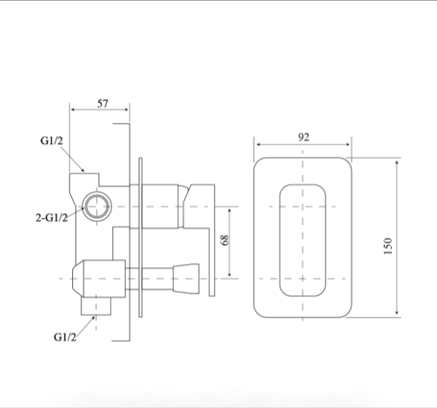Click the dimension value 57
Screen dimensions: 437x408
tap(102, 103)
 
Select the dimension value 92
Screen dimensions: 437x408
tap(304, 137)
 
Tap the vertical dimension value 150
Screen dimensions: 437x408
tap(388, 246)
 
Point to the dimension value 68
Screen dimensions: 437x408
tap(225, 240)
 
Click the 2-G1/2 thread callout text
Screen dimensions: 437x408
tap(52, 217)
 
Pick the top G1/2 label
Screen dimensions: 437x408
tap(52, 140)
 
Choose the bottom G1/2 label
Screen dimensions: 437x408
tap(65, 337)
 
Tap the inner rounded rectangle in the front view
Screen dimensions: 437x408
tap(280, 240)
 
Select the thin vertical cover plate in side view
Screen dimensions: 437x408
tap(140, 238)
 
